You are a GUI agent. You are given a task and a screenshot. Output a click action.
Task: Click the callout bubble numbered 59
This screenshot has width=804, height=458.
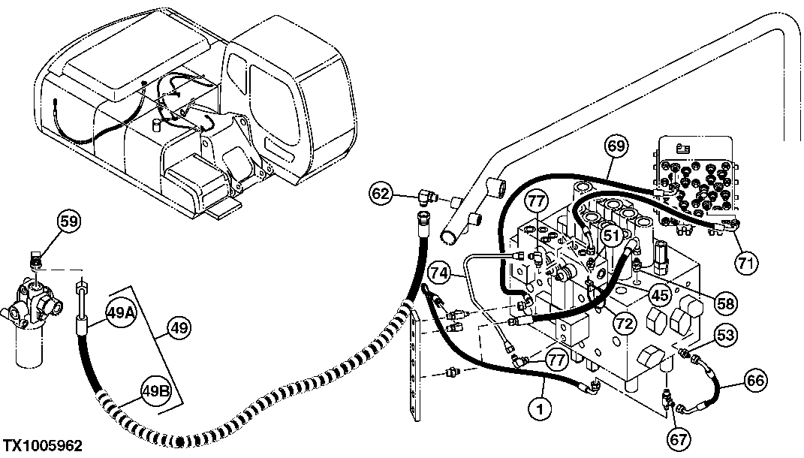pyautogui.click(x=68, y=222)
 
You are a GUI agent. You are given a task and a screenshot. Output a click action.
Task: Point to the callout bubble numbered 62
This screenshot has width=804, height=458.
pyautogui.click(x=383, y=194)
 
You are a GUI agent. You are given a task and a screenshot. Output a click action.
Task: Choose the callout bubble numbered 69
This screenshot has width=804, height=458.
pyautogui.click(x=616, y=146)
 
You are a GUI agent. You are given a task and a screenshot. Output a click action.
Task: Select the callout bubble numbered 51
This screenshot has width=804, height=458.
pyautogui.click(x=613, y=237)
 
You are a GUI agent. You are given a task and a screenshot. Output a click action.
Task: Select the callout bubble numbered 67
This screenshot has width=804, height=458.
pyautogui.click(x=679, y=438)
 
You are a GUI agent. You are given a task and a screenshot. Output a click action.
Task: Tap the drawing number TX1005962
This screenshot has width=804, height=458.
pyautogui.click(x=41, y=446)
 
